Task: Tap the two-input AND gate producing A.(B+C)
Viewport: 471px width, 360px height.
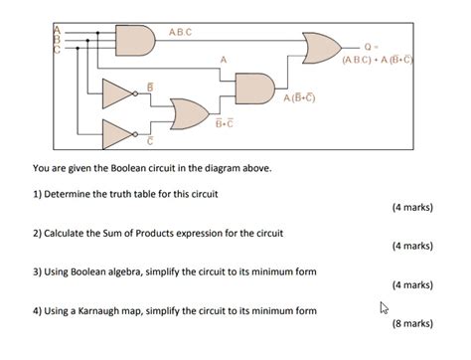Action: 252,86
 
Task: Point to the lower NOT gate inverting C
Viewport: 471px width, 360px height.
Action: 118,130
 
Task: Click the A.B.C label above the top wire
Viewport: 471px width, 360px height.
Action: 181,32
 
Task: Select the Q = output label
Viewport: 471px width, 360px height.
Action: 371,47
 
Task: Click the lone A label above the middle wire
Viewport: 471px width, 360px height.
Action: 224,61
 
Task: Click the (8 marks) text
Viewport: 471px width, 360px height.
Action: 411,323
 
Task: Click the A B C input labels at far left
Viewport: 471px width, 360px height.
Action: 58,39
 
